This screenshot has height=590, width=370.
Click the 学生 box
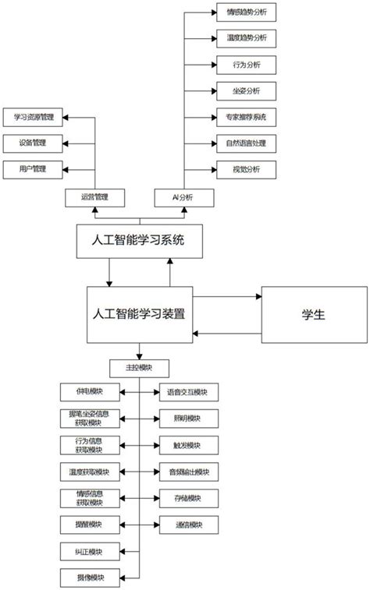[x=313, y=314]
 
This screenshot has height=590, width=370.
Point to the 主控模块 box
[x=139, y=367]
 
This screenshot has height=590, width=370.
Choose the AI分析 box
[x=183, y=198]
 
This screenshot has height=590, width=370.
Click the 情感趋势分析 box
[x=246, y=12]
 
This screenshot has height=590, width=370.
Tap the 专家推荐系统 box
[x=246, y=117]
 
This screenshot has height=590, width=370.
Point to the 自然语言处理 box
[x=246, y=143]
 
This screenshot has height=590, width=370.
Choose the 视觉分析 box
[x=246, y=168]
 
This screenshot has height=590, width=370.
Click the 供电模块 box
[x=90, y=393]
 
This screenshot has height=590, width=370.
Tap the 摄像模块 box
[x=90, y=578]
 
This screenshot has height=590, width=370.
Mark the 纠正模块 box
[x=90, y=551]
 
